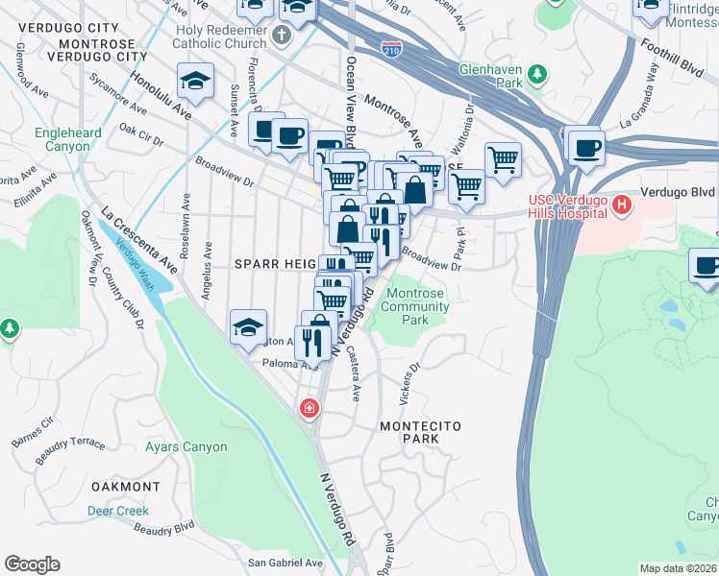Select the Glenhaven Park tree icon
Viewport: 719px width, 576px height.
[537, 73]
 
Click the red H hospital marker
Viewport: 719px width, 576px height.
[622, 204]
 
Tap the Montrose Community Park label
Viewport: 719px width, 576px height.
[417, 306]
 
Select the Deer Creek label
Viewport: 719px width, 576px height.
[118, 511]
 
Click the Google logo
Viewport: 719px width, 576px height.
[32, 564]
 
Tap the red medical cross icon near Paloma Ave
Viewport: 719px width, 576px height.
[309, 408]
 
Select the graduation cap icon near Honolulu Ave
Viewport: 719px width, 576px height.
[197, 83]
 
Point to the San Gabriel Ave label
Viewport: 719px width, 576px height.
[285, 563]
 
